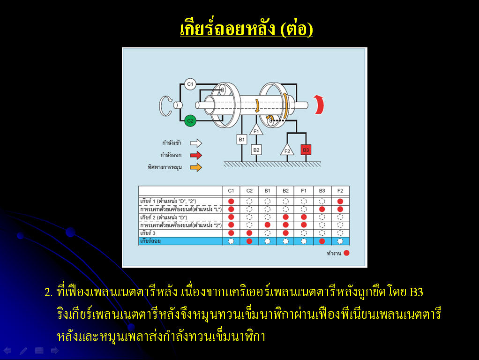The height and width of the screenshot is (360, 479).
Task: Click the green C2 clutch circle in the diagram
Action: point(190,121)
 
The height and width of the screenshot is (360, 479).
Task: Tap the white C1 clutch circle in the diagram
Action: point(190,84)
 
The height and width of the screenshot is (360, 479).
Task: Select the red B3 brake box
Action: point(306,150)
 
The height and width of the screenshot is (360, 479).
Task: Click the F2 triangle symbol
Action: point(287,150)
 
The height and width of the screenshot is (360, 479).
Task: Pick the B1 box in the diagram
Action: point(242,139)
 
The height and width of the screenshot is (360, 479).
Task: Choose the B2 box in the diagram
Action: point(256,150)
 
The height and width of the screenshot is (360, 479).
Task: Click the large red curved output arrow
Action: point(320,105)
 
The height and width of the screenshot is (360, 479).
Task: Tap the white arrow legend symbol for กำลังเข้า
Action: point(196,142)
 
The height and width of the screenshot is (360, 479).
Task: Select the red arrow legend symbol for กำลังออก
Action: point(196,155)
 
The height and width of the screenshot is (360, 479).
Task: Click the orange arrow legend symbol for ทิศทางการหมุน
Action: point(196,167)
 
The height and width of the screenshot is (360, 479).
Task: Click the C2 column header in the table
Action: point(249,191)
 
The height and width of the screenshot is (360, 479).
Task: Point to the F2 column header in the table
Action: point(340,191)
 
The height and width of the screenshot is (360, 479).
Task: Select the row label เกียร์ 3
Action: point(148,233)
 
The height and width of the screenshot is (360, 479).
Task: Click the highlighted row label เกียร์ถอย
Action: point(150,241)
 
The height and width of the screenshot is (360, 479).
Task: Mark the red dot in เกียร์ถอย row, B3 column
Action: point(322,241)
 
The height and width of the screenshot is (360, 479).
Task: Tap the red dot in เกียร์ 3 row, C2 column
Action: point(249,233)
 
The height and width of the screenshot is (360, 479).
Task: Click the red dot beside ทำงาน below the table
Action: point(346,253)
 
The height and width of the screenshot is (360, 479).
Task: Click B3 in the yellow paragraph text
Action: point(416,292)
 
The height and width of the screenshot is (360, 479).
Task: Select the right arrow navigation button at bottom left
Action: point(55,351)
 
